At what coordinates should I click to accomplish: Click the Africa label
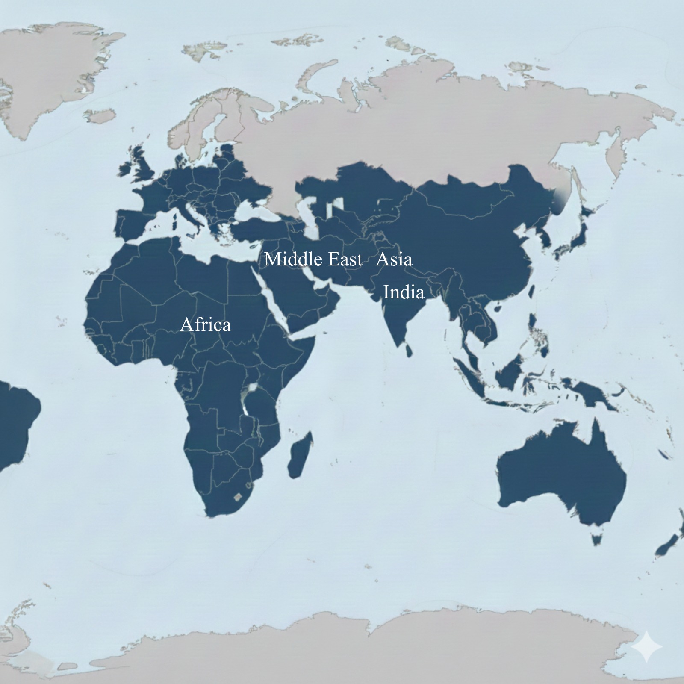click(x=206, y=325)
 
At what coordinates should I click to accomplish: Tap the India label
click(x=404, y=292)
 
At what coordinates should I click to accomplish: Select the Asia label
click(x=394, y=259)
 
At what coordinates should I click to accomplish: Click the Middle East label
click(x=313, y=259)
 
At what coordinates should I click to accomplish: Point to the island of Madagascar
click(x=300, y=455)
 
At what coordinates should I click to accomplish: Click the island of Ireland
click(x=125, y=169)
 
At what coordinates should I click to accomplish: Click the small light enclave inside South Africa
click(x=237, y=497)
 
